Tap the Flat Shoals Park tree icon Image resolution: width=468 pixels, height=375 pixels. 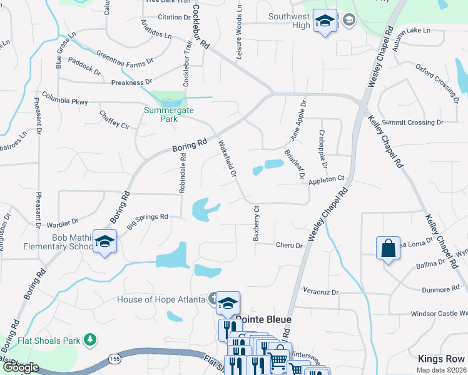pos(91,340)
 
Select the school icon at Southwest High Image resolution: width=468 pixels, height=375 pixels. pos(324,22)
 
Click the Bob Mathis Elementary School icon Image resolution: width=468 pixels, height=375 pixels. pos(104,241)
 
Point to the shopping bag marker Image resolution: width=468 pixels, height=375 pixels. pos(388,247)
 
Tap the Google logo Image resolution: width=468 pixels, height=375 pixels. pos(20,368)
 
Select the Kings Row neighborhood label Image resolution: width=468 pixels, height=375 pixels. pos(442,359)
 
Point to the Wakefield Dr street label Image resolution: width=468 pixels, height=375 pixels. pos(226,159)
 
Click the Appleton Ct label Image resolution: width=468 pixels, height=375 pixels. pos(327,179)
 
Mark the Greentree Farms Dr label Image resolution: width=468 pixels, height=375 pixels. pos(125,58)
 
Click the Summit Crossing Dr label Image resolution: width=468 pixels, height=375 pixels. pos(412,122)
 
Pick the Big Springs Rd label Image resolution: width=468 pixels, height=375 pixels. pos(148,219)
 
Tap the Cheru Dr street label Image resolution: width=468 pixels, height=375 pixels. pos(289,246)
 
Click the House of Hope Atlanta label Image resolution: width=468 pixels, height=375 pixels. pos(161,299)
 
